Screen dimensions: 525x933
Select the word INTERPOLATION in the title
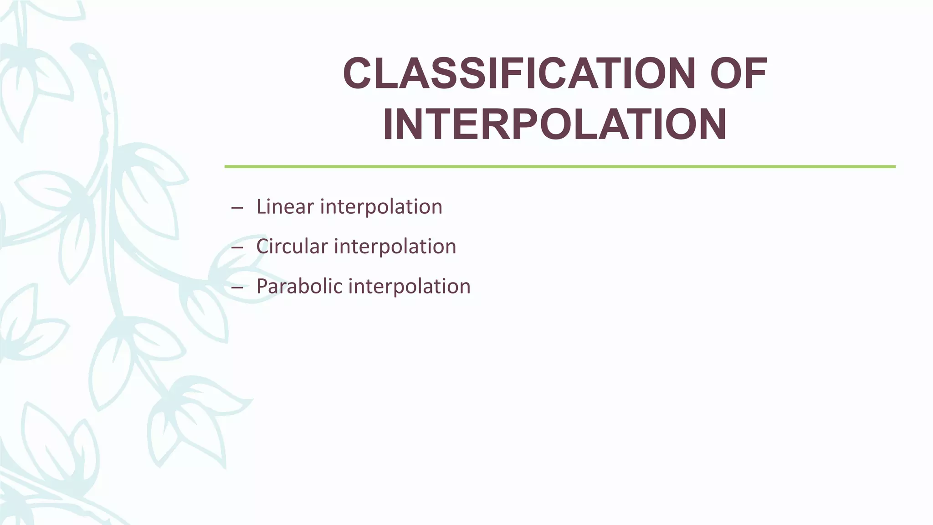click(554, 124)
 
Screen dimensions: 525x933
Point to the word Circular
click(292, 247)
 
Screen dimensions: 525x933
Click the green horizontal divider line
click(559, 167)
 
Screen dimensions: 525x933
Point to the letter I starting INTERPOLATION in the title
click(389, 124)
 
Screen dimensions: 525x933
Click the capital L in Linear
click(261, 206)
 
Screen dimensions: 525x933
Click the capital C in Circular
click(262, 247)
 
